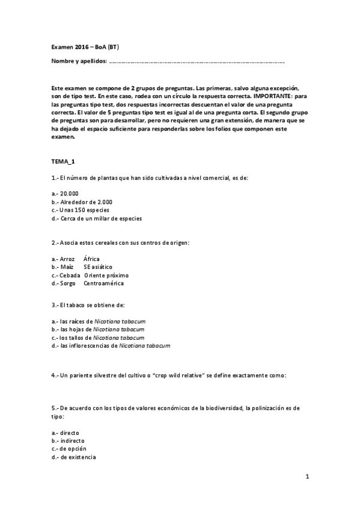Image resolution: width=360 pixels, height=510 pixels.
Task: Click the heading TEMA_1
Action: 63,162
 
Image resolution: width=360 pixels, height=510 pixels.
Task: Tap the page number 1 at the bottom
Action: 307,477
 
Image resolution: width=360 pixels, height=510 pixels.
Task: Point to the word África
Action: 91,259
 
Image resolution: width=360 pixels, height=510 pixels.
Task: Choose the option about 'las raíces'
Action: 103,321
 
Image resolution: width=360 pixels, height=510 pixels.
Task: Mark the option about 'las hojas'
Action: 102,330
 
